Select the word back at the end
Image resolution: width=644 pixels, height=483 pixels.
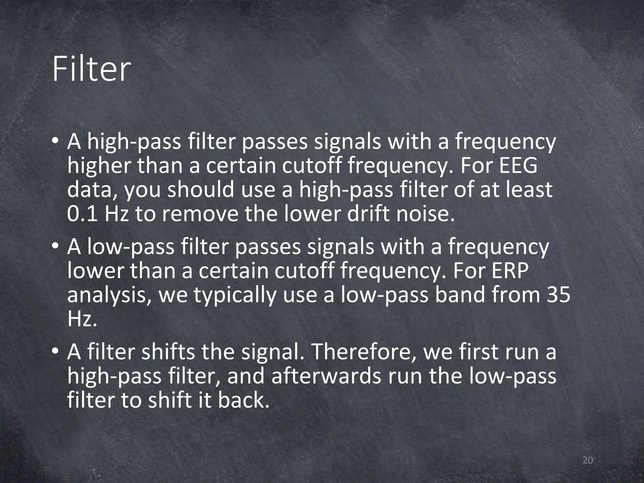[x=243, y=400]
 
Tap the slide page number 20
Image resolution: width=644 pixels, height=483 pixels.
[x=588, y=460]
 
